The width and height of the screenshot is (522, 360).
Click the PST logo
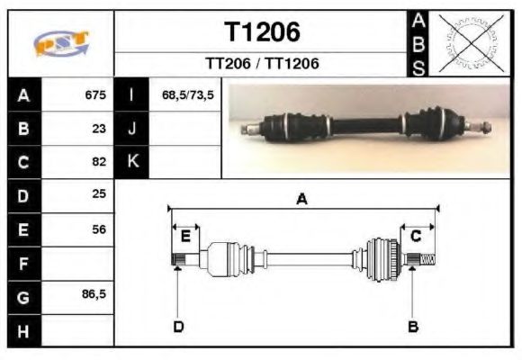click(x=61, y=43)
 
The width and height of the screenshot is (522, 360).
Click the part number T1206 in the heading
click(x=261, y=33)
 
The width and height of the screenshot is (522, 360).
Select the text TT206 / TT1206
click(x=261, y=64)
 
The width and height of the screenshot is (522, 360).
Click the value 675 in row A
click(x=95, y=94)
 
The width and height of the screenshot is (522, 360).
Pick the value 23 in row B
click(x=99, y=129)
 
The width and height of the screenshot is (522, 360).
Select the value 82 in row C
click(x=99, y=163)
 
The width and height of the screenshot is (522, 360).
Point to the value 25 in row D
click(x=99, y=195)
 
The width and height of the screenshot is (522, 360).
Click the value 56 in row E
click(x=99, y=229)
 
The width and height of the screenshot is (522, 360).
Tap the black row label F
click(x=24, y=264)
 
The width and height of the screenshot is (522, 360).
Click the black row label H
click(x=24, y=330)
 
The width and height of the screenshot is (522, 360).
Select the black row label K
click(x=132, y=162)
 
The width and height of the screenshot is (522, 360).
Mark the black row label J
click(x=132, y=129)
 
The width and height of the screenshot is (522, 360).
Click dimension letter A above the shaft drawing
click(x=302, y=200)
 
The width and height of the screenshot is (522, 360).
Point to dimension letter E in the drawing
click(x=185, y=236)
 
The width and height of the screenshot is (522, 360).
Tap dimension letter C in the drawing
click(x=416, y=236)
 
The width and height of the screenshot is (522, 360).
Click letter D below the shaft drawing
click(x=178, y=326)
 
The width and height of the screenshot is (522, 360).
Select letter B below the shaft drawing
click(x=413, y=326)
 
